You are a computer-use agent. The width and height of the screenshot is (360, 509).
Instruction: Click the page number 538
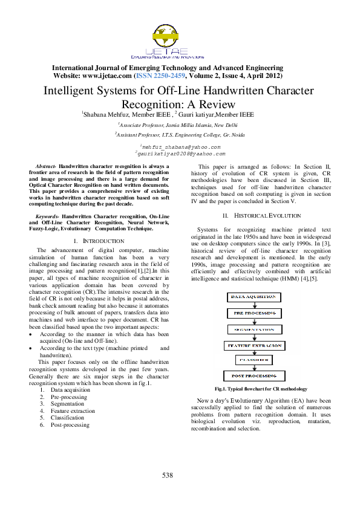[x=168, y=476]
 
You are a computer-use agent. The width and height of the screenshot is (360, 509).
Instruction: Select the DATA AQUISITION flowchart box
[x=254, y=297]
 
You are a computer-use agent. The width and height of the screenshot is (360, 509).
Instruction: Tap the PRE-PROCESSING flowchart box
[x=254, y=313]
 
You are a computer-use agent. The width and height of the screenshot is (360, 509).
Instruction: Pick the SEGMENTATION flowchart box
[x=254, y=329]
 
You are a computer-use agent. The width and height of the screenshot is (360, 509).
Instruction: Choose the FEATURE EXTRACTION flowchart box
[x=254, y=345]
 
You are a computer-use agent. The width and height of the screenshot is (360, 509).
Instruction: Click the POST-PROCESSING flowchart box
[x=254, y=376]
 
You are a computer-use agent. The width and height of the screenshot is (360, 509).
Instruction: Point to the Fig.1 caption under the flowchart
[x=261, y=389]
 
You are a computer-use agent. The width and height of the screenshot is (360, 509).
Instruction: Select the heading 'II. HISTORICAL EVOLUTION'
[x=261, y=215]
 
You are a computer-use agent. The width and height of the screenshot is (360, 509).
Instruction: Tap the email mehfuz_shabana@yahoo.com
[x=180, y=147]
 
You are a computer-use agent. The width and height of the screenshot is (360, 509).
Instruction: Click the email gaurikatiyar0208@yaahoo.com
[x=180, y=154]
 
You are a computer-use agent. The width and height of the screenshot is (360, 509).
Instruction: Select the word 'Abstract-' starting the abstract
[x=46, y=166]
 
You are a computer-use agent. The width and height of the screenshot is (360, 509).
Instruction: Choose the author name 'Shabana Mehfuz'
[x=106, y=115]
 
